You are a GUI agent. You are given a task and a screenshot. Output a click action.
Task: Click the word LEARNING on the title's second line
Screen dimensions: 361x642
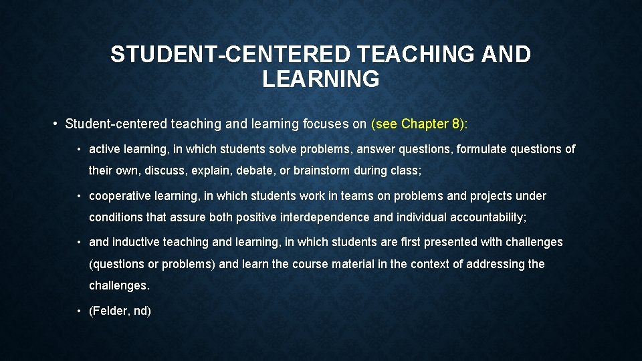tap(321, 79)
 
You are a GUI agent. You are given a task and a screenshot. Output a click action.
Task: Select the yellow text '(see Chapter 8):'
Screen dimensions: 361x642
tap(420, 124)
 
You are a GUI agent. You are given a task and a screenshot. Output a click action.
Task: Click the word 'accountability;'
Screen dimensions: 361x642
tap(488, 217)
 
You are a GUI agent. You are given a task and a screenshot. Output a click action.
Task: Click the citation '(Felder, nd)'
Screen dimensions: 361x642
tap(120, 311)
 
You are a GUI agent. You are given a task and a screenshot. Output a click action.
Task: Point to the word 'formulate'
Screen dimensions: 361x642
tap(480, 149)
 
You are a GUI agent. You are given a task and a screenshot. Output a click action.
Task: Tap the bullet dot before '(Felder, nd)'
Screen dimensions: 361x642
tap(79, 311)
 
